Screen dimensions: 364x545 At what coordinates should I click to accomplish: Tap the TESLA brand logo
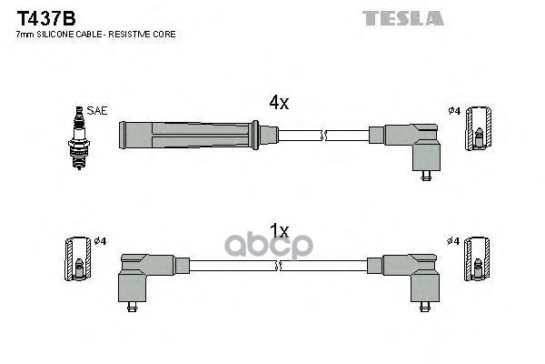[402, 17]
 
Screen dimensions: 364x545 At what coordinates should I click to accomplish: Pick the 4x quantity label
[279, 104]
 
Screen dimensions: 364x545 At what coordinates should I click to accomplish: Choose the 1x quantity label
[279, 231]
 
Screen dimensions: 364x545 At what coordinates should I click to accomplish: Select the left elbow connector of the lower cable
[145, 273]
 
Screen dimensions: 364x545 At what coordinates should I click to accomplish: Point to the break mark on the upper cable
[324, 136]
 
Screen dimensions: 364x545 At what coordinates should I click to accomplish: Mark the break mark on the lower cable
[280, 265]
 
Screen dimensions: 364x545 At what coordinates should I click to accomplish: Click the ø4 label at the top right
[455, 111]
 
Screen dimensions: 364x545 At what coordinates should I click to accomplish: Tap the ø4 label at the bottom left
[99, 240]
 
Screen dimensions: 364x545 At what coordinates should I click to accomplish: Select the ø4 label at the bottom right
[455, 240]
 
